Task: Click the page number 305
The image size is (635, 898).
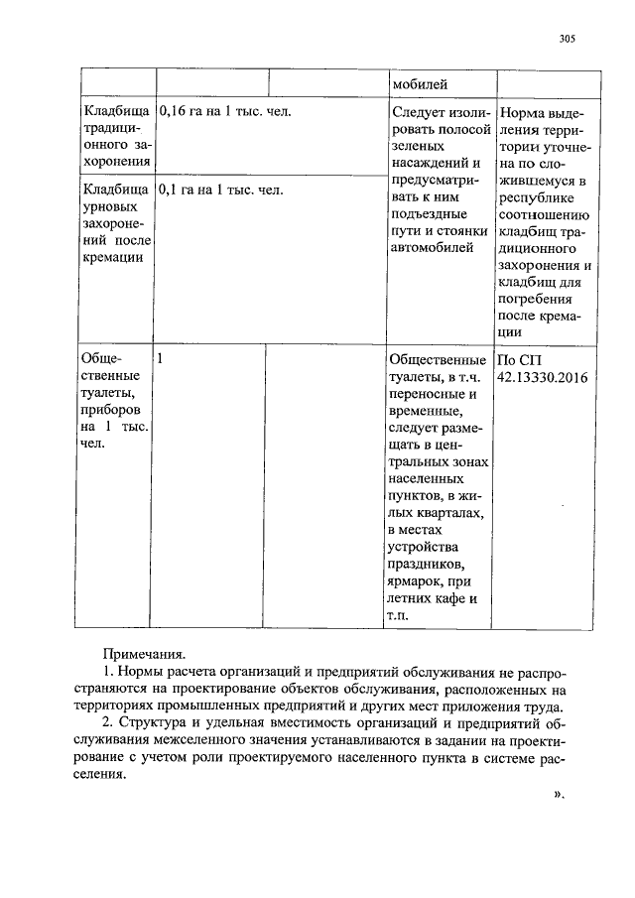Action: click(567, 40)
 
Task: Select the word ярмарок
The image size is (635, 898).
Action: click(418, 581)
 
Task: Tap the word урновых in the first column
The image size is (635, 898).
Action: click(110, 206)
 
